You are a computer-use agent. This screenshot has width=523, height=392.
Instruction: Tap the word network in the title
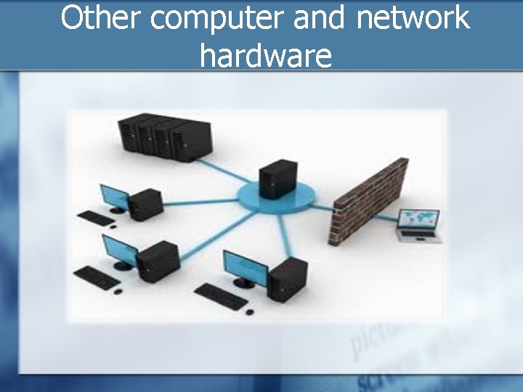point(413,18)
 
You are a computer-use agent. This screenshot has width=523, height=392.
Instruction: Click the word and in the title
point(320,18)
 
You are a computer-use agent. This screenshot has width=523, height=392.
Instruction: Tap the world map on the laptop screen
point(420,219)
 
